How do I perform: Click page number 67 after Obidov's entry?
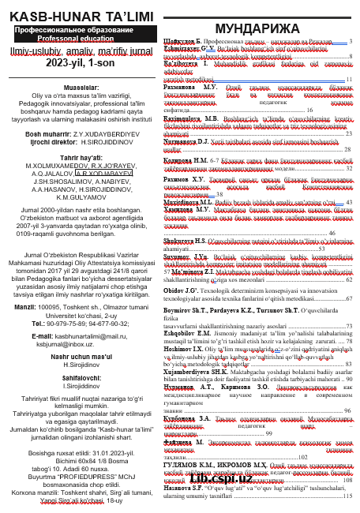(349, 278)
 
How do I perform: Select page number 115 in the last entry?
(347, 496)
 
